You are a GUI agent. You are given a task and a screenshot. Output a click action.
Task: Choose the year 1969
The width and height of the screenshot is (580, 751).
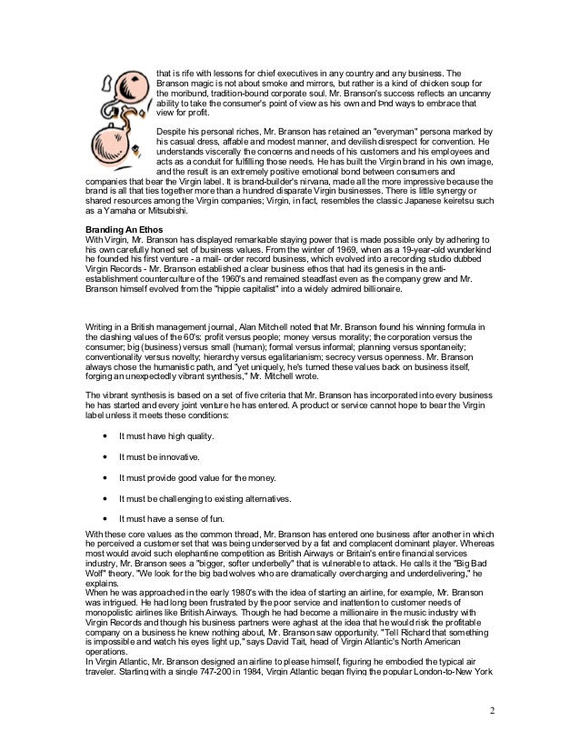click(x=305, y=255)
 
